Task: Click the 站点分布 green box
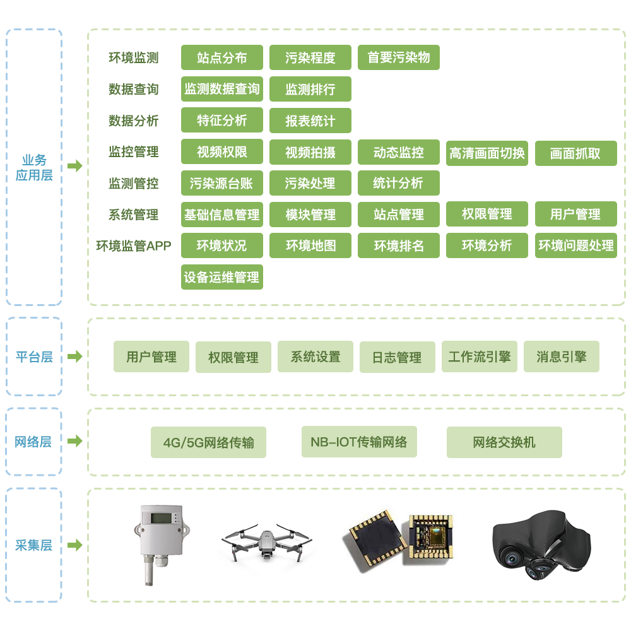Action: pyautogui.click(x=221, y=57)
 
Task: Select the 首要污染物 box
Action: pyautogui.click(x=398, y=57)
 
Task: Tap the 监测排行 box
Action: pyautogui.click(x=310, y=89)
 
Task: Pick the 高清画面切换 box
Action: pyautogui.click(x=487, y=153)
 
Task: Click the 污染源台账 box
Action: pyautogui.click(x=221, y=183)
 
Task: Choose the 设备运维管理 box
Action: pyautogui.click(x=221, y=277)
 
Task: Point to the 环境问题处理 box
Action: pyautogui.click(x=575, y=245)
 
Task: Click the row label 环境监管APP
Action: pyautogui.click(x=134, y=245)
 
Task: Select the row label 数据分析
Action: pyautogui.click(x=134, y=121)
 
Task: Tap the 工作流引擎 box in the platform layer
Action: pyautogui.click(x=479, y=357)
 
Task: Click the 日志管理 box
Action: pyautogui.click(x=397, y=357)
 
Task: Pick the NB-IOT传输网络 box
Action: pyautogui.click(x=359, y=442)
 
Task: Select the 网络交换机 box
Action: pyautogui.click(x=504, y=442)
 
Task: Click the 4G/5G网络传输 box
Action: pyautogui.click(x=208, y=442)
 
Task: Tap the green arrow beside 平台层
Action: pyautogui.click(x=75, y=357)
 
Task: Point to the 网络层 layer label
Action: pyautogui.click(x=33, y=442)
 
